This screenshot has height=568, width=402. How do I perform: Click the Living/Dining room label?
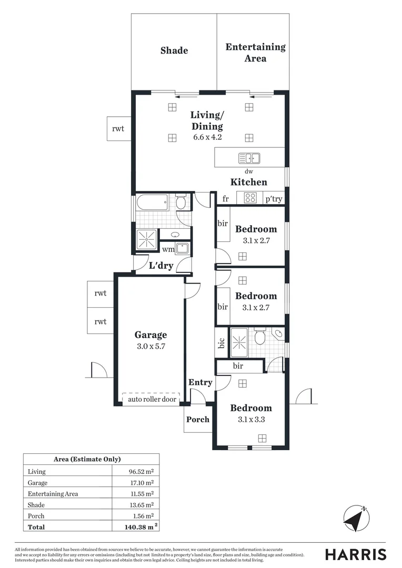pos(206,120)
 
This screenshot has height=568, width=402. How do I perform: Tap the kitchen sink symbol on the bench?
pos(249,158)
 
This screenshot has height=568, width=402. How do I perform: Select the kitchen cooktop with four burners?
pos(250,198)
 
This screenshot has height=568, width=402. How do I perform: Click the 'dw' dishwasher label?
pos(249,171)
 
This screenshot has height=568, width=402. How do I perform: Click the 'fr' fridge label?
pos(225,199)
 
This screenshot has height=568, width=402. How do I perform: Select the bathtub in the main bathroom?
pos(152,202)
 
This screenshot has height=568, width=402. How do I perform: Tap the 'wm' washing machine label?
pos(168,249)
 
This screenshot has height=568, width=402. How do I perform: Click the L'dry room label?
pos(161,266)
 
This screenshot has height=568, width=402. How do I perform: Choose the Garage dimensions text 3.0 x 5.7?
pos(150,347)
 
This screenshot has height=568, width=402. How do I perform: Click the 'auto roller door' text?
pos(152,399)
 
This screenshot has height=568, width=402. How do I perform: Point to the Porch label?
pos(198,419)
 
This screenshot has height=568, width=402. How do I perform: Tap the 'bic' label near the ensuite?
pos(222,343)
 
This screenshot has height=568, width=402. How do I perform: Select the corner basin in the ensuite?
pos(278,333)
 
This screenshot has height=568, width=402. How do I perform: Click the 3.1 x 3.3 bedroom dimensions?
pos(252,420)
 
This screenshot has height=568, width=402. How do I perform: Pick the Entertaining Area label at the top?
pos(255,53)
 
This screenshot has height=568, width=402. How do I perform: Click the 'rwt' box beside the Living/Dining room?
pos(118,129)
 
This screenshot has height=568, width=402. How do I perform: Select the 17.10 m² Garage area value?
pos(143,482)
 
